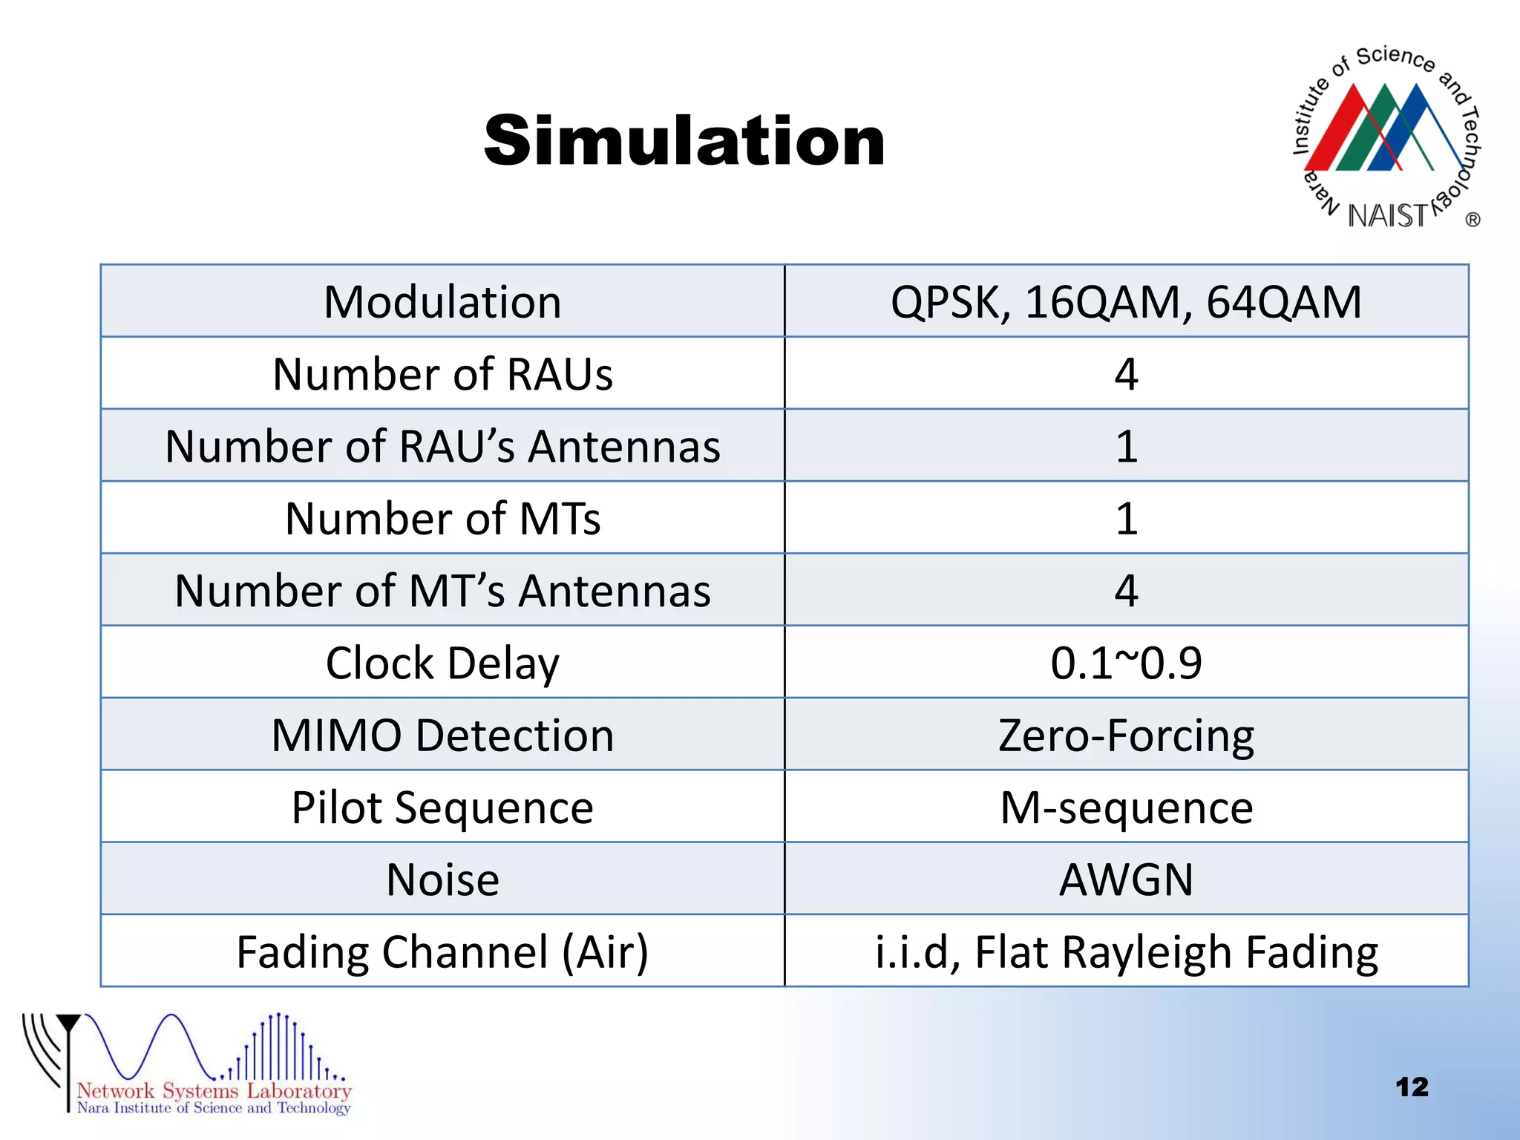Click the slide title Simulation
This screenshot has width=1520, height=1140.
pos(684,141)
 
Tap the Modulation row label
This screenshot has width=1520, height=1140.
pos(442,302)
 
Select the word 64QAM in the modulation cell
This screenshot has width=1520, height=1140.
pos(1283,302)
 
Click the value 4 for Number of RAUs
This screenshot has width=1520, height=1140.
pos(1126,374)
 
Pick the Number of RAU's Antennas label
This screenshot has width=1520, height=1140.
pos(442,446)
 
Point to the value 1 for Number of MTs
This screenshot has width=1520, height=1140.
pos(1126,518)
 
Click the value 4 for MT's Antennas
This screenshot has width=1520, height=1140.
pos(1126,591)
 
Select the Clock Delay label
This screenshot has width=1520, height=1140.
pos(442,663)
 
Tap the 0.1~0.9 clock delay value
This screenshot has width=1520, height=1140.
pos(1126,663)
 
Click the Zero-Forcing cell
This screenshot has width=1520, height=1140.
pos(1126,735)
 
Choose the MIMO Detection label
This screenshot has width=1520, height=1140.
pos(442,735)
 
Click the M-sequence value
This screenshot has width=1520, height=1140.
pos(1126,807)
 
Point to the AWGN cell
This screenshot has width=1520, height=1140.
pos(1126,879)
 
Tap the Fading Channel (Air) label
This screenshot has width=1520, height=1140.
pos(442,952)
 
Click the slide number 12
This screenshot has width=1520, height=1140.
pos(1412,1087)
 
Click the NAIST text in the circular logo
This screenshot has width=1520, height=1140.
pos(1386,216)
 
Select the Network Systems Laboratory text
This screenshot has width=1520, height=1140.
pos(214,1090)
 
